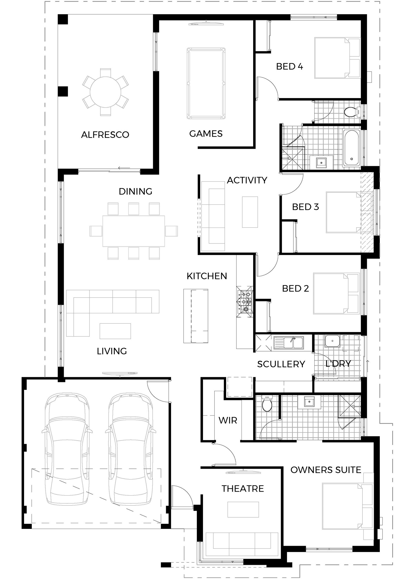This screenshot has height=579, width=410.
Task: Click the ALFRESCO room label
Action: click(x=105, y=135)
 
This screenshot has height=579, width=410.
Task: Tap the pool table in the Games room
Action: click(x=206, y=84)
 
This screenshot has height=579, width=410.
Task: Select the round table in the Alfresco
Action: click(x=106, y=92)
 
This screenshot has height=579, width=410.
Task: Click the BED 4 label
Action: click(x=289, y=67)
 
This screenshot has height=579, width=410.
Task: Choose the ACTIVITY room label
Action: click(x=247, y=180)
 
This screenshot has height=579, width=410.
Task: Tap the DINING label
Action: click(x=135, y=191)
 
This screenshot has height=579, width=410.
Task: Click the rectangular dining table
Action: click(x=134, y=231)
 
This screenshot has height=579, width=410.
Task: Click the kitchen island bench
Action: click(x=196, y=316)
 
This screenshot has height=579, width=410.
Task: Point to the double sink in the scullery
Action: click(x=289, y=342)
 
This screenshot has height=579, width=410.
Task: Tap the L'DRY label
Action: click(x=338, y=364)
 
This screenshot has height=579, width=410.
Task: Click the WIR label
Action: click(x=228, y=420)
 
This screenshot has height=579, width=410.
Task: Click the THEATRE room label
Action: click(x=243, y=489)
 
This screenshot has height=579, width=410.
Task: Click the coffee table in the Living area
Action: click(x=115, y=331)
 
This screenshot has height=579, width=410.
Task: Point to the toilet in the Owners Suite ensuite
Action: click(x=267, y=403)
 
